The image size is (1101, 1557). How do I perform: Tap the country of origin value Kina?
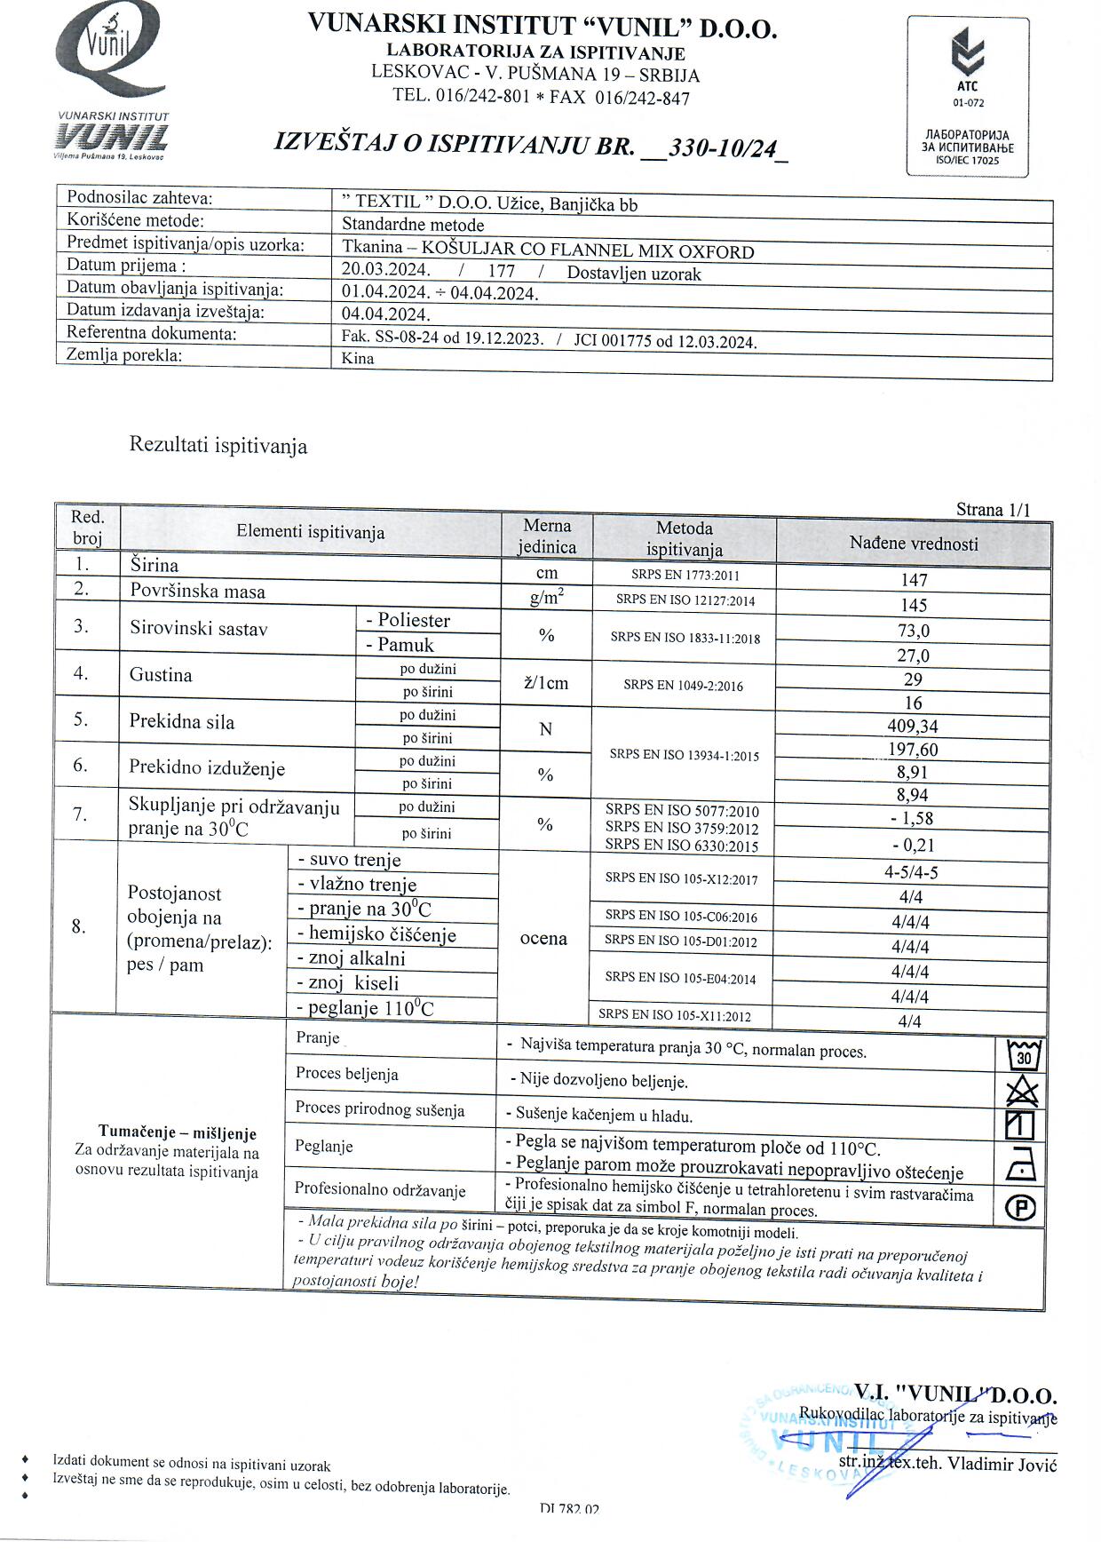[358, 359]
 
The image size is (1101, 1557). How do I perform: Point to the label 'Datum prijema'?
[126, 265]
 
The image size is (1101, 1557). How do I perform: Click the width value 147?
[914, 580]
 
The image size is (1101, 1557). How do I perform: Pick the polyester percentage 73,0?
[914, 631]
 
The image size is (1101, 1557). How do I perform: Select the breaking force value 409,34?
[913, 726]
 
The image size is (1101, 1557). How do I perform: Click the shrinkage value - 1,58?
[913, 818]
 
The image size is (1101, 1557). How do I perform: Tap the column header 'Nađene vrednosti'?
[914, 543]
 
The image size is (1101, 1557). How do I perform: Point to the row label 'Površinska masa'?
[197, 591]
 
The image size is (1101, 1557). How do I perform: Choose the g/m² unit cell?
[546, 598]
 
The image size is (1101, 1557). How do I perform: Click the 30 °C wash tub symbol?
[1024, 1055]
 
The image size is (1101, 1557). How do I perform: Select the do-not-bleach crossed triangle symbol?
[1023, 1090]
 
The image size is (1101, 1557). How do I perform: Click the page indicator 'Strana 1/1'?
[993, 510]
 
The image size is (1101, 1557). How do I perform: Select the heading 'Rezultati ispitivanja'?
[218, 445]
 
